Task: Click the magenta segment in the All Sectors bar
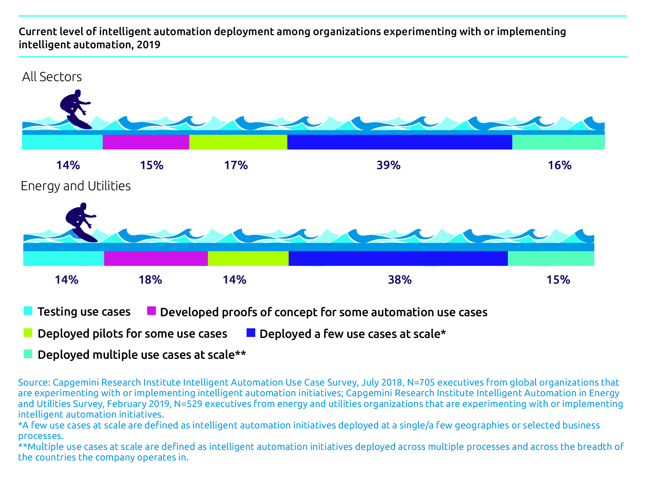(x=146, y=142)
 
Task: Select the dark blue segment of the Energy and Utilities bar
(x=398, y=258)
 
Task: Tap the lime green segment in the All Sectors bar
(x=238, y=142)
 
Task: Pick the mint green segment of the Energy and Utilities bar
(x=551, y=258)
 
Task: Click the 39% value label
(x=388, y=165)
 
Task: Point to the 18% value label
(x=150, y=280)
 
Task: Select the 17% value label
(x=236, y=165)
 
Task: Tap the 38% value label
(x=400, y=280)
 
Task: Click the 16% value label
(x=559, y=165)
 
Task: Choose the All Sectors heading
(x=52, y=77)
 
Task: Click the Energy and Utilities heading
(x=76, y=186)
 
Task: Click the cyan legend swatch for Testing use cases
(x=28, y=311)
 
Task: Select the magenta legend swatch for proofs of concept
(x=152, y=311)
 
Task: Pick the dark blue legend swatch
(x=251, y=333)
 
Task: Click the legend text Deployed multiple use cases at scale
(x=142, y=355)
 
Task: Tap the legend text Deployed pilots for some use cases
(x=132, y=333)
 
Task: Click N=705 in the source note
(x=421, y=382)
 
